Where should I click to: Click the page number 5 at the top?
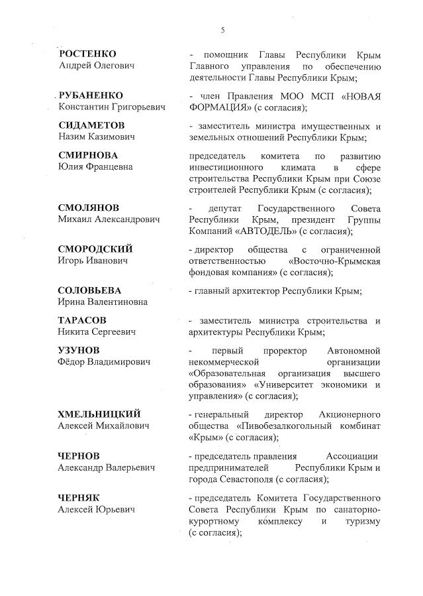pos(222,30)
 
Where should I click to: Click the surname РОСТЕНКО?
pos(88,54)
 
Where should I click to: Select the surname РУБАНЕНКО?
pos(91,95)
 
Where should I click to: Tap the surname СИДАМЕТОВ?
pos(92,125)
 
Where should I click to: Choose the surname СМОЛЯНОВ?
pos(89,208)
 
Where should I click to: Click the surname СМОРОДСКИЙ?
pos(95,249)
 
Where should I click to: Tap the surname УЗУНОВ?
pos(79,350)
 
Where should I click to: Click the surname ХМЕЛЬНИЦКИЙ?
pos(99,414)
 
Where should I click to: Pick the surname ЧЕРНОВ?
pos(79,456)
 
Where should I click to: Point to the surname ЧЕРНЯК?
pos(79,498)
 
